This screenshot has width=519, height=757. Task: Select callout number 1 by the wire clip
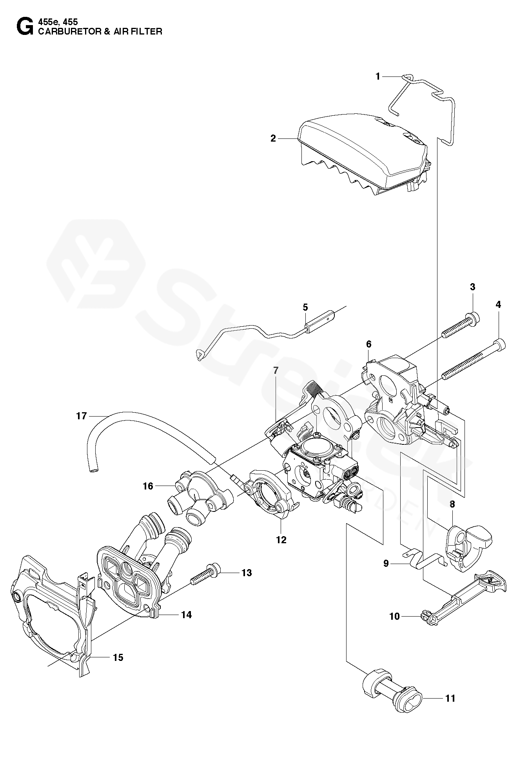click(378, 76)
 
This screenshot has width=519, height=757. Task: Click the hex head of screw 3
click(474, 315)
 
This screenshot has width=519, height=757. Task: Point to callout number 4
click(498, 305)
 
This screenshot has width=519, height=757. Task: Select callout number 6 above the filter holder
click(368, 344)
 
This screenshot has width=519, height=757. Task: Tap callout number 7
click(276, 369)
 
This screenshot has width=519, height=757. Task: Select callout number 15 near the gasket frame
click(118, 657)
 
